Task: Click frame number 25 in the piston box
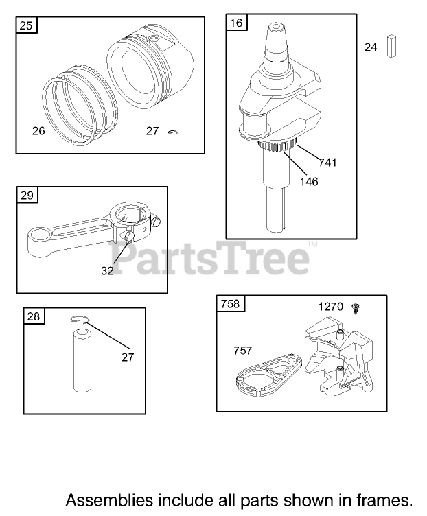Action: (x=26, y=25)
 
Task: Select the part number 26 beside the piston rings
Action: (x=38, y=131)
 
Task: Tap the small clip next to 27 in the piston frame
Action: (x=173, y=132)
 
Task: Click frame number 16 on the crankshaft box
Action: (x=236, y=23)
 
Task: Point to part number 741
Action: (x=327, y=162)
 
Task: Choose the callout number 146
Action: (x=309, y=182)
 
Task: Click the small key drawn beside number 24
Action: (x=391, y=47)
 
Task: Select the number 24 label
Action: (x=371, y=47)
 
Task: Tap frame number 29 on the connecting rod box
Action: (x=27, y=195)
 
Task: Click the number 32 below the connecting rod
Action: (x=107, y=271)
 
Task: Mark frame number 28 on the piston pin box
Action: (x=34, y=316)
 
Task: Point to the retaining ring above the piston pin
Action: (x=80, y=319)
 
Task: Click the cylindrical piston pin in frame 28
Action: (x=82, y=360)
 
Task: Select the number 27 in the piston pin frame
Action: (x=128, y=357)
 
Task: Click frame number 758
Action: (x=231, y=303)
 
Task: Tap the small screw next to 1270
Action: (x=356, y=308)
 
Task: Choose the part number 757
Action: (x=242, y=351)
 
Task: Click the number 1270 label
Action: (x=330, y=307)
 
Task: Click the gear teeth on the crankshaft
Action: (x=277, y=145)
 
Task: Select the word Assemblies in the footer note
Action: (x=109, y=500)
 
